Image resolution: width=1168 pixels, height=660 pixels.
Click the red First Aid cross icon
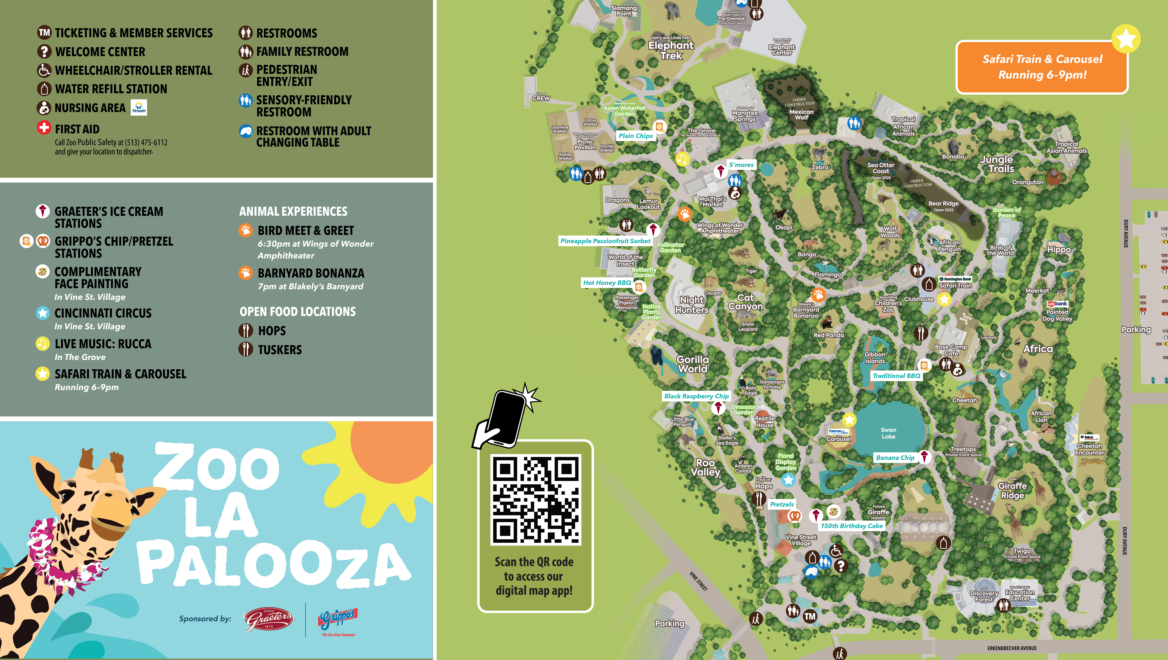click(44, 128)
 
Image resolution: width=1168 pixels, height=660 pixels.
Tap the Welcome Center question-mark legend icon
click(44, 51)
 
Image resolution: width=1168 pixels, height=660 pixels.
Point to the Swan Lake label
click(888, 433)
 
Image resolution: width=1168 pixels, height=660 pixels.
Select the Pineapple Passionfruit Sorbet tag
click(605, 241)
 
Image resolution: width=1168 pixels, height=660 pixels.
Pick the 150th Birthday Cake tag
click(852, 526)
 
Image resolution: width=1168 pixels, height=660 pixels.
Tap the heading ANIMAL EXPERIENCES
click(293, 211)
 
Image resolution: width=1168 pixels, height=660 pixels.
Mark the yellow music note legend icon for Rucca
click(43, 344)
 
